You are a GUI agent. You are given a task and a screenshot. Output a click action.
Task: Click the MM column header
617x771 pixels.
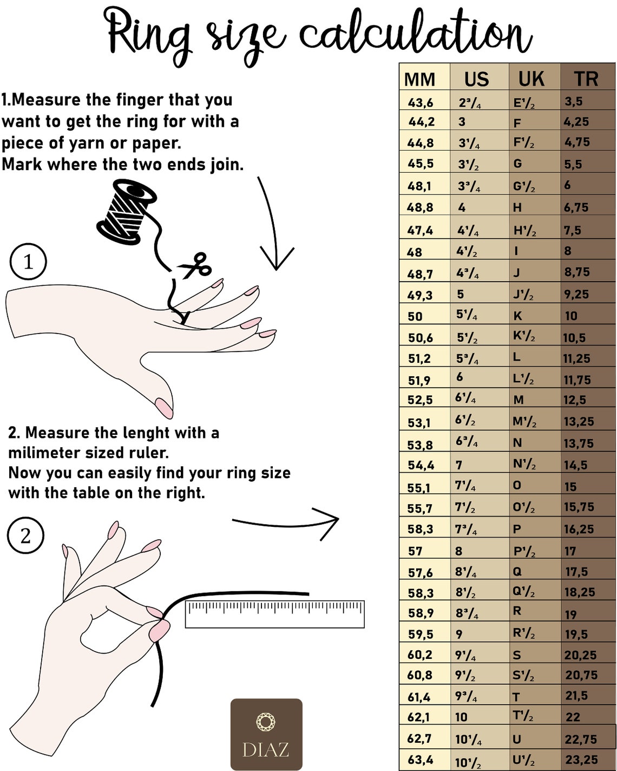[x=419, y=80]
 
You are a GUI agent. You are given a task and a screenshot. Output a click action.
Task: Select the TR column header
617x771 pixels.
[x=586, y=79]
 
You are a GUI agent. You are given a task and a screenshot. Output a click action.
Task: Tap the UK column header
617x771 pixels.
[x=531, y=79]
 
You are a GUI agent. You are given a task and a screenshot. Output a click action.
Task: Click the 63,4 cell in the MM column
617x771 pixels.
[x=420, y=760]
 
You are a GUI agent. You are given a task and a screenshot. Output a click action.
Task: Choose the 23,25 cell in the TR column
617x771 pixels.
[x=581, y=760]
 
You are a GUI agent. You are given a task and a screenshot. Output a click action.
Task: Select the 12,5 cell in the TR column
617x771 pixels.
[x=575, y=400]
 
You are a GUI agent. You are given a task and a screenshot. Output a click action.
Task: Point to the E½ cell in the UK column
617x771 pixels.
[x=524, y=103]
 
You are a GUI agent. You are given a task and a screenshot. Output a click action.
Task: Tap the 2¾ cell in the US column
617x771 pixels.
[x=470, y=103]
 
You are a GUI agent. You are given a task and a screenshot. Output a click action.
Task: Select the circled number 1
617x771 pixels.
[x=28, y=262]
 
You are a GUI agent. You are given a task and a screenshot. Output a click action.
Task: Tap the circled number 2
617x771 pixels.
[x=25, y=535]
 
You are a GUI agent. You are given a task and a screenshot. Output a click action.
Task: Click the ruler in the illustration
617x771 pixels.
[x=274, y=614]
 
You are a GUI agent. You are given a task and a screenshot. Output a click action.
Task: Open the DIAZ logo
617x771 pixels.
[x=266, y=734]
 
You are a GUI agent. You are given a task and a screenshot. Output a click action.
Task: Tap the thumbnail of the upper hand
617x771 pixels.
[x=165, y=408]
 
